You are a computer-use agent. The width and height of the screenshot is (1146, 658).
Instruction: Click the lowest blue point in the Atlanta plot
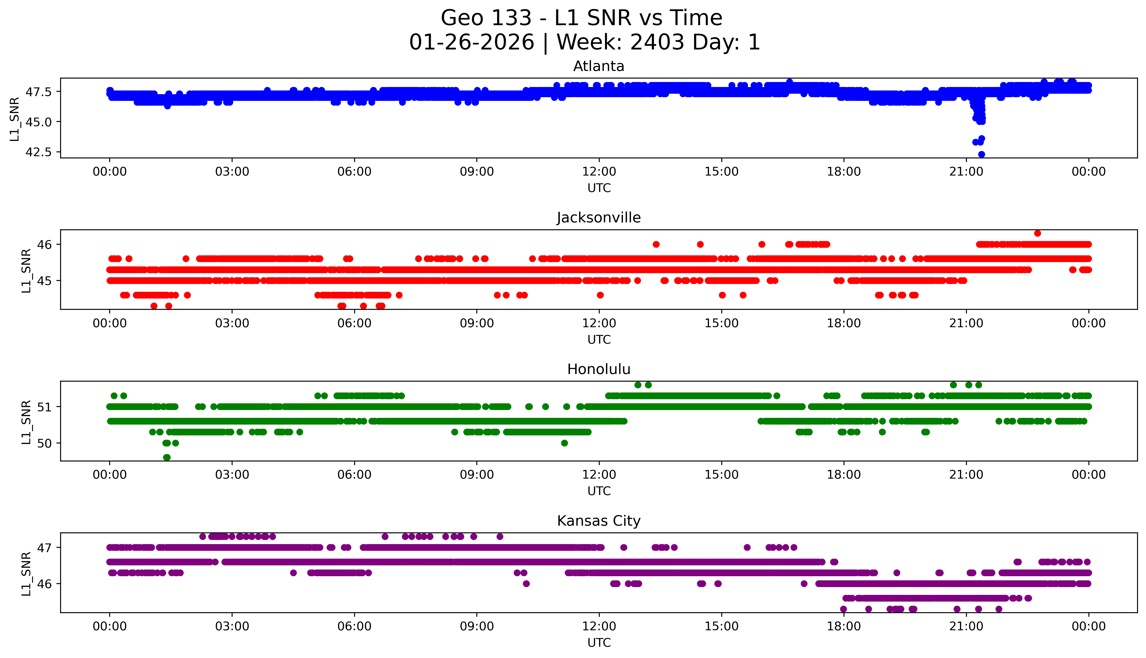(x=981, y=154)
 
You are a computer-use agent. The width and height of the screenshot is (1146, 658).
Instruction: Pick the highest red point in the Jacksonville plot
(x=1037, y=233)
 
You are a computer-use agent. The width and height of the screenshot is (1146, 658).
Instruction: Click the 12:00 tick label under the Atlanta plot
(x=599, y=172)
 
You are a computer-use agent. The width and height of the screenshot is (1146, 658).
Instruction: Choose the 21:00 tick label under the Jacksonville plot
(x=966, y=323)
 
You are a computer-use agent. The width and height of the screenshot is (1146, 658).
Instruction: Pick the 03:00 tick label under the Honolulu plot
(x=232, y=474)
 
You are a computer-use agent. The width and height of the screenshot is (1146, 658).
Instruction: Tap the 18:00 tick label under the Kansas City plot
(x=844, y=626)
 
